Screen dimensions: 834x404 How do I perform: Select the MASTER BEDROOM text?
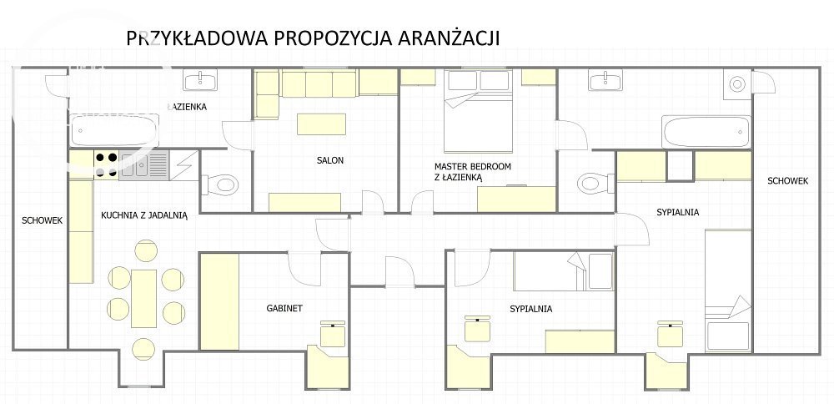pyautogui.click(x=472, y=167)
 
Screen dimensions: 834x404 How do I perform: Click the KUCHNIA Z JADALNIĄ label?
pyautogui.click(x=144, y=215)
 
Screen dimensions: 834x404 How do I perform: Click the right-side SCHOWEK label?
pyautogui.click(x=788, y=181)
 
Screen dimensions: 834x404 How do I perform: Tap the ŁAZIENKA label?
pyautogui.click(x=187, y=107)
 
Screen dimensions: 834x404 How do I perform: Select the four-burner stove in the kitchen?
pyautogui.click(x=107, y=164)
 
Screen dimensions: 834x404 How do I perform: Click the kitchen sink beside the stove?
pyautogui.click(x=143, y=164)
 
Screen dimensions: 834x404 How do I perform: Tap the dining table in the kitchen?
pyautogui.click(x=143, y=299)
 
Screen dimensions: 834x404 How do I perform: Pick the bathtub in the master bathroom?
pyautogui.click(x=706, y=132)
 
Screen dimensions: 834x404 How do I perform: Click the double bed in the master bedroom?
pyautogui.click(x=478, y=111)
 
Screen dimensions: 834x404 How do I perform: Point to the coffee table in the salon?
pyautogui.click(x=321, y=124)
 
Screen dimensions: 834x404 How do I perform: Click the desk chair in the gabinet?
pyautogui.click(x=333, y=334)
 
